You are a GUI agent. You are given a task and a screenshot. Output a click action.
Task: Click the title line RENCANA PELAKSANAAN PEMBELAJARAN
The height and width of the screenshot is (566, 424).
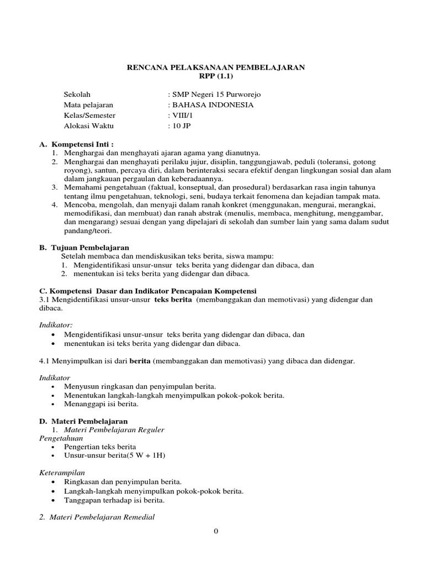tap(216, 67)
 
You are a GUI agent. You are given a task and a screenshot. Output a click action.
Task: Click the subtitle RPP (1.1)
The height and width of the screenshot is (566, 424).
tap(216, 76)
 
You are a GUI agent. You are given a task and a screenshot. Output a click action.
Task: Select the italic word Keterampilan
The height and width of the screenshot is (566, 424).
tap(62, 473)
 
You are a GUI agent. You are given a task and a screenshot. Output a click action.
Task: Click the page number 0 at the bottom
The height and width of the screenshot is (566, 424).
tap(216, 532)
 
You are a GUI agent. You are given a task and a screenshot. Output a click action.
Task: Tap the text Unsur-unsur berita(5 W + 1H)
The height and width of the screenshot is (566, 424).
tap(115, 455)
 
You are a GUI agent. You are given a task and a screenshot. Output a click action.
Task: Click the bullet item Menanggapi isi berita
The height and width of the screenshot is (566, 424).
tap(101, 404)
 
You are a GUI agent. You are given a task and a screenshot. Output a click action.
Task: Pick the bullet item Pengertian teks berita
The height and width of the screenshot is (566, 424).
tap(100, 447)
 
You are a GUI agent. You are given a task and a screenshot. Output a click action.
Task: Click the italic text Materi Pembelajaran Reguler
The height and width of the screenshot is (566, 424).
tap(114, 429)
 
